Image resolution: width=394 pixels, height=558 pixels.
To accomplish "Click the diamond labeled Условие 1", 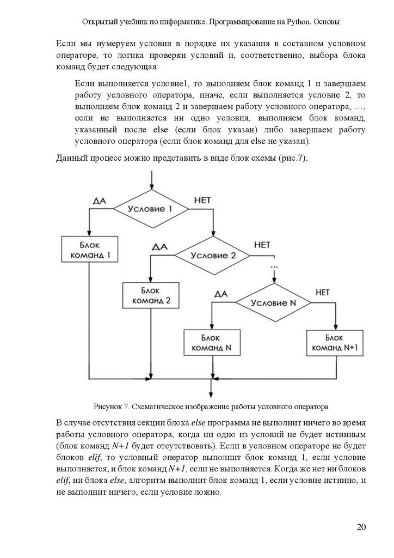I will [150, 209].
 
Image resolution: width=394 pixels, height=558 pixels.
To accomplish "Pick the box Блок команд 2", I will [150, 295].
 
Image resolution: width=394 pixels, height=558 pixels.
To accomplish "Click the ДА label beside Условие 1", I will [99, 201].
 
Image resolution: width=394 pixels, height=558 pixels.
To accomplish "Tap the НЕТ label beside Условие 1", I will [202, 201].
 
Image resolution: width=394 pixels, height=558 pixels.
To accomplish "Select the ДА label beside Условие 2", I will [159, 246].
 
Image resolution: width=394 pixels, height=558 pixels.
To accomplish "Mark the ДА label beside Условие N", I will [220, 294].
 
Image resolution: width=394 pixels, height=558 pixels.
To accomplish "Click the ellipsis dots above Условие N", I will [273, 266].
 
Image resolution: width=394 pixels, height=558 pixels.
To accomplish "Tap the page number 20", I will [361, 527].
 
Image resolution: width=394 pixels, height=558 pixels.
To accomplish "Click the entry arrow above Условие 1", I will [150, 180].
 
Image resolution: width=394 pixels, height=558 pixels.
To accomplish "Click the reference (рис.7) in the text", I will [294, 159].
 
